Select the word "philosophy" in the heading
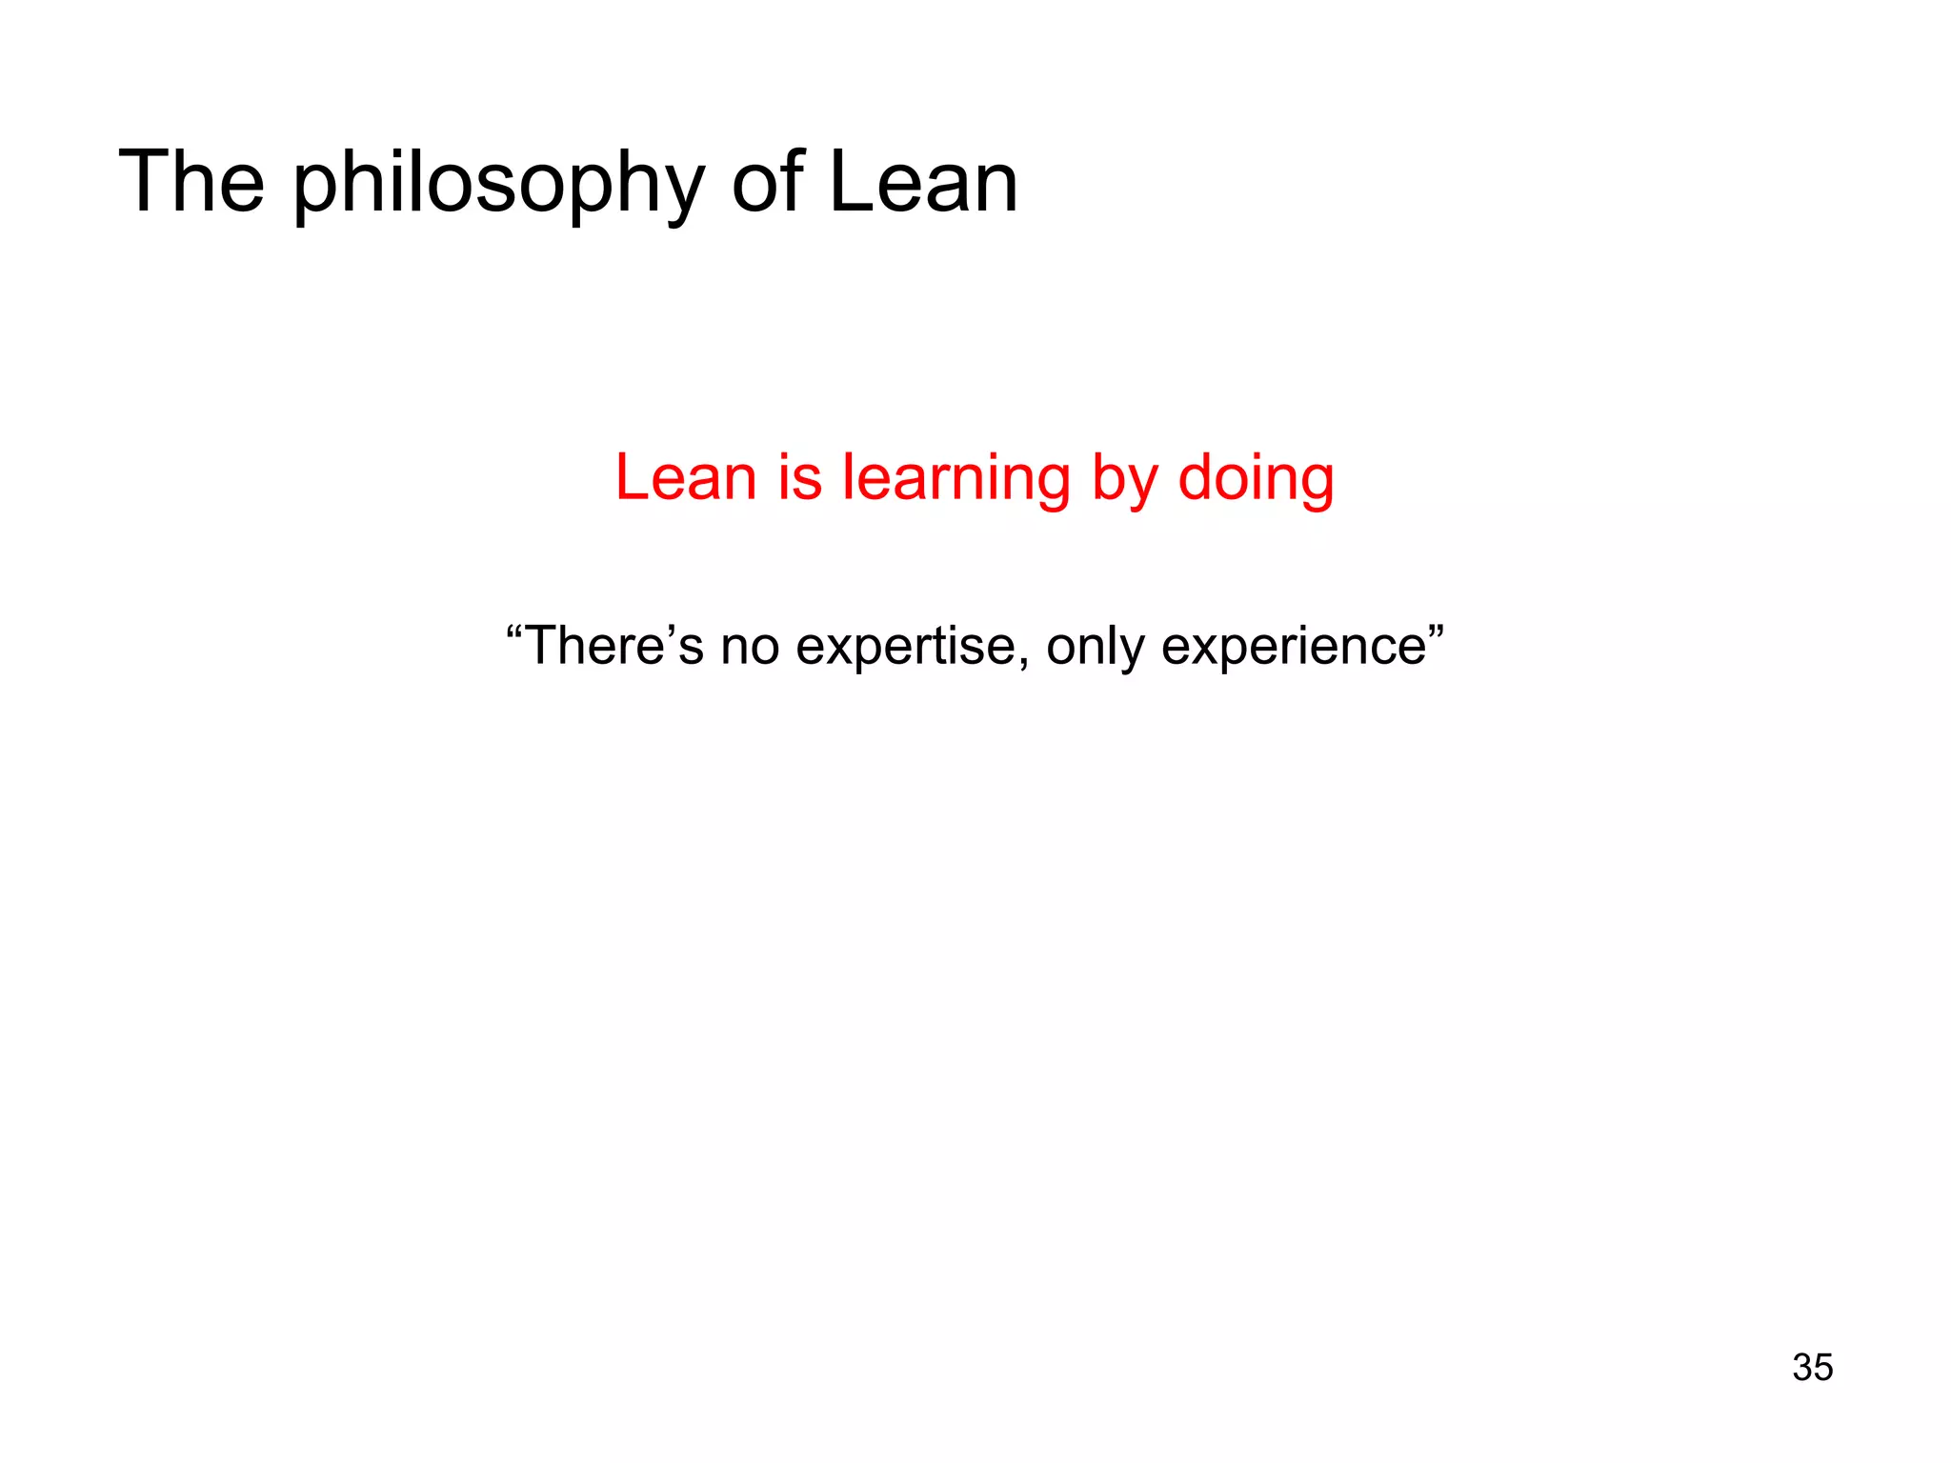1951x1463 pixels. point(498,186)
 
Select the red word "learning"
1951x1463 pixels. point(955,479)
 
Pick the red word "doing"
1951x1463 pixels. point(1256,479)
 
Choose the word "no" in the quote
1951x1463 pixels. point(750,647)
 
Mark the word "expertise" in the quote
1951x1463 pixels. point(906,647)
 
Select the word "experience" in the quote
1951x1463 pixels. point(1294,647)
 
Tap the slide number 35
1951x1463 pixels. point(1812,1367)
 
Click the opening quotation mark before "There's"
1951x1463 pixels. point(515,630)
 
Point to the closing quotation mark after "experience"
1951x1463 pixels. point(1436,630)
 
